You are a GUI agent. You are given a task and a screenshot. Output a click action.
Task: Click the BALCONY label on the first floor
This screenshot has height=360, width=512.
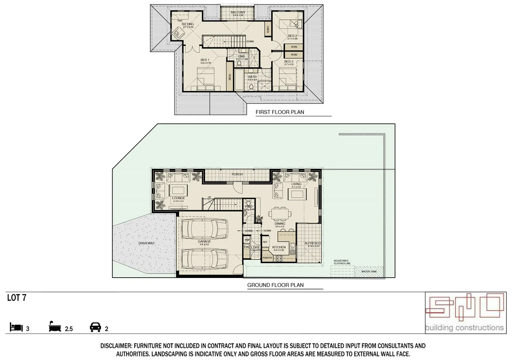click(x=238, y=12)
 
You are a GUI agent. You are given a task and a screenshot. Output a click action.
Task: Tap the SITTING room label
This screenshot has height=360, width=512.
click(x=188, y=24)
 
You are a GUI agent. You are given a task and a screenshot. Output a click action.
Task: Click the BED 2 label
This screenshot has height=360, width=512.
click(x=292, y=36)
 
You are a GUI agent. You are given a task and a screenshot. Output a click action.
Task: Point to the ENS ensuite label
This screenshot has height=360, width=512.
click(x=241, y=56)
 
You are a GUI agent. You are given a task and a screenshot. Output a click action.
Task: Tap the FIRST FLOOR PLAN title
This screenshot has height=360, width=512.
click(x=279, y=112)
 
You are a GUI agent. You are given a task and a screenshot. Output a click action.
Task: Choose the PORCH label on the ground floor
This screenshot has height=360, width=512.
click(x=237, y=174)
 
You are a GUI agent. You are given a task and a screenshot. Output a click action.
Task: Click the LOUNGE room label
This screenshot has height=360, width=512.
click(x=179, y=198)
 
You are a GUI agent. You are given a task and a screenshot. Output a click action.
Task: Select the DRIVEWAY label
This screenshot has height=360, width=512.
click(x=147, y=243)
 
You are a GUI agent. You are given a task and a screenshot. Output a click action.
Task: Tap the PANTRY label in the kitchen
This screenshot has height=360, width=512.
click(x=267, y=258)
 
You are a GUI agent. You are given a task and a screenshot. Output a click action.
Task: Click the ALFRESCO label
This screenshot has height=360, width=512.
click(x=312, y=243)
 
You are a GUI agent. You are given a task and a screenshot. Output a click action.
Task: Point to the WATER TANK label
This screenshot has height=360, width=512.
click(x=369, y=272)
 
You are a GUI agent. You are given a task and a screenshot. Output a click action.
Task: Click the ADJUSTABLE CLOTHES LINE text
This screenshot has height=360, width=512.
click(x=342, y=262)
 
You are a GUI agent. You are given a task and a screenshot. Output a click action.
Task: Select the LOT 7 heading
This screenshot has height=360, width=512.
click(x=17, y=298)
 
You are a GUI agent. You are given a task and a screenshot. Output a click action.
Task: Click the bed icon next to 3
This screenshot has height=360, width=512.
click(x=16, y=327)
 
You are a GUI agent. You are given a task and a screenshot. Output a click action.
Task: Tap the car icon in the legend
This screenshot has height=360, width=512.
click(x=96, y=327)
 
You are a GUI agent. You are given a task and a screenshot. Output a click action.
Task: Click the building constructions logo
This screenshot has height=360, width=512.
click(x=465, y=313)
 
